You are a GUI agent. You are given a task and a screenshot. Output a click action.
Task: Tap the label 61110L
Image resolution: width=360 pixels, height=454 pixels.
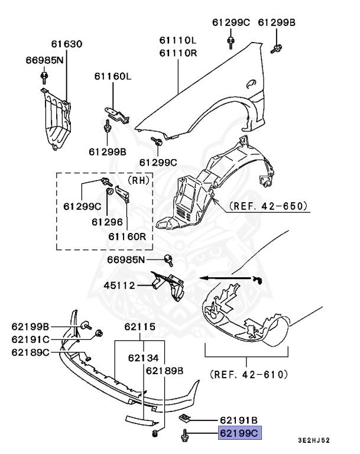pos(177,41)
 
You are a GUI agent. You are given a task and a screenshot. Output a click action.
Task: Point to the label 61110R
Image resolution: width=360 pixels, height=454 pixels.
pos(177,53)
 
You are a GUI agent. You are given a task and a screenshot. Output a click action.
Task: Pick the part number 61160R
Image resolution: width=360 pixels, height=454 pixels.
pos(127,236)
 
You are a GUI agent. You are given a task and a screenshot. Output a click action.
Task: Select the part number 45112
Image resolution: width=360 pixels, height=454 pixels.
pos(120,286)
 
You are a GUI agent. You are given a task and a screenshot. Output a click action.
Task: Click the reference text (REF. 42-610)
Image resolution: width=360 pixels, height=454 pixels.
pos(248,374)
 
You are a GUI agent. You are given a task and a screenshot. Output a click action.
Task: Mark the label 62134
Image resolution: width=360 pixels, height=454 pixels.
pos(144,357)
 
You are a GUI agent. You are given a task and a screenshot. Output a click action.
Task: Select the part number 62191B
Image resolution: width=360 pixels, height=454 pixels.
pos(240,419)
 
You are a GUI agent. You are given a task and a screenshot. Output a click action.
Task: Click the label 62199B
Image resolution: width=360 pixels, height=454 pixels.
pos(30,326)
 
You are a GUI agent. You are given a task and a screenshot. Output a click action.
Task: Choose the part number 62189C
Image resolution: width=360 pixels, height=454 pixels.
pos(30,352)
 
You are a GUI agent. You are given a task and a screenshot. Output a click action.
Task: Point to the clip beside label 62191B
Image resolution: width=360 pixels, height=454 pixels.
pos(184,419)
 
